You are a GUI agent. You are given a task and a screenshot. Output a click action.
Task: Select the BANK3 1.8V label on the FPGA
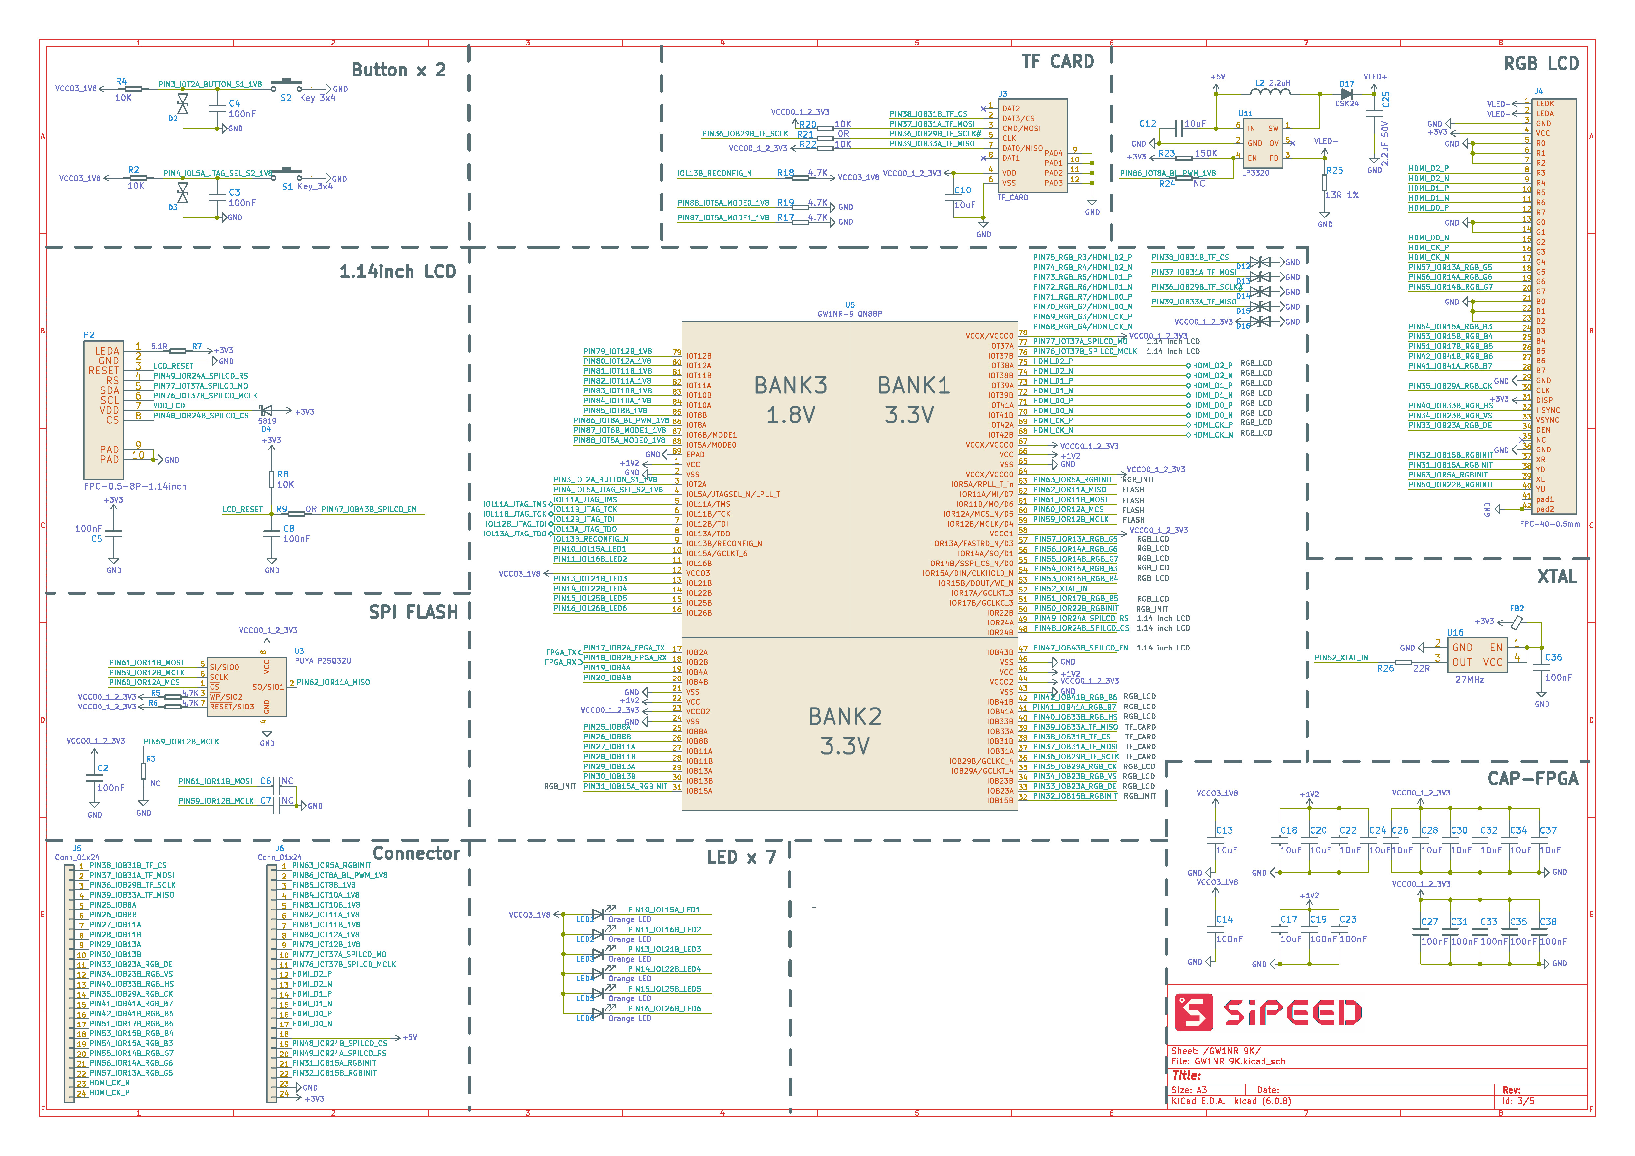pos(790,400)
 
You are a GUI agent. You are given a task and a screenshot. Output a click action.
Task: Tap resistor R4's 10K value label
pos(123,98)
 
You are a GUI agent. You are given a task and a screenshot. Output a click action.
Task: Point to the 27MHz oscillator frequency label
pos(1469,679)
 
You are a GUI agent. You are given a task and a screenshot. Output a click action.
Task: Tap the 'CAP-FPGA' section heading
pos(1533,778)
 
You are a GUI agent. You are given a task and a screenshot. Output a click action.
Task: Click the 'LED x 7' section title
pos(741,857)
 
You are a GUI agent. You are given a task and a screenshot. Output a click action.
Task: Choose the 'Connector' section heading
pos(416,853)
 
